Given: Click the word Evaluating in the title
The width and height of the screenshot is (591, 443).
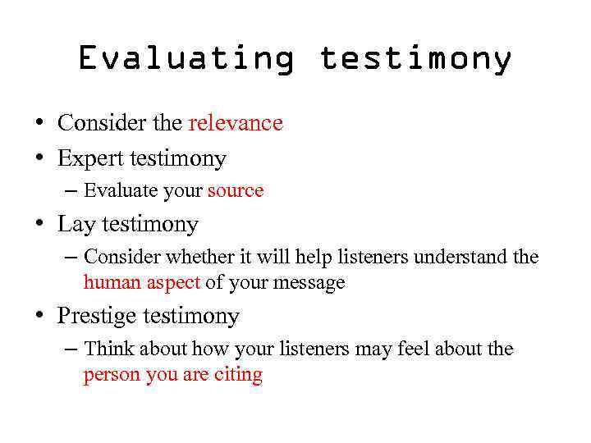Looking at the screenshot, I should (x=186, y=59).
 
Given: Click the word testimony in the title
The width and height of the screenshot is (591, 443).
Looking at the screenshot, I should (x=415, y=59).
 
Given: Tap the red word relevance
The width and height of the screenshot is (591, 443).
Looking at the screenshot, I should (x=236, y=123).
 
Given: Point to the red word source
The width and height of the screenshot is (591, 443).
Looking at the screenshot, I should (x=236, y=191).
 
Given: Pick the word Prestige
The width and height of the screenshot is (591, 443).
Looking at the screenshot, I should (x=97, y=316).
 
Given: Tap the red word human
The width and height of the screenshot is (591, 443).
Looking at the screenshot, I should (x=112, y=283).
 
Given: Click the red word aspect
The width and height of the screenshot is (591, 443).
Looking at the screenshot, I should (x=173, y=283).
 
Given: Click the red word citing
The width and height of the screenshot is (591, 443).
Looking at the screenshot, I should (x=239, y=376).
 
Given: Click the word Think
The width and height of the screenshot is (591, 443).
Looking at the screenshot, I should (x=109, y=349).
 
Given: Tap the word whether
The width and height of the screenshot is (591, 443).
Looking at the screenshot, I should (x=200, y=257).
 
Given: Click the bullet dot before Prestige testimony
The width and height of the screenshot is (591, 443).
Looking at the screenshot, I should (x=39, y=317).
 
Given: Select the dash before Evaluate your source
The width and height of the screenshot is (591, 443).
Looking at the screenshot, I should (x=71, y=191).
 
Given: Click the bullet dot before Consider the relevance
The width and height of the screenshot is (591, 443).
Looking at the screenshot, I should (x=39, y=124).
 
